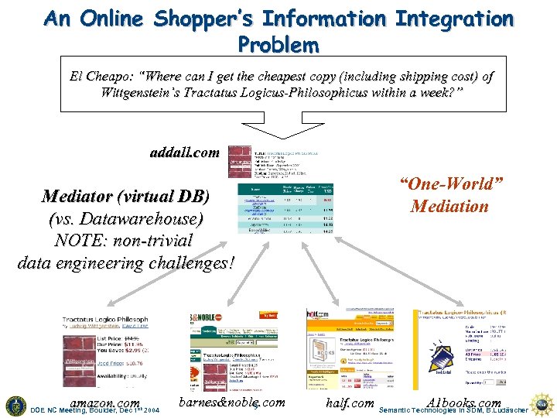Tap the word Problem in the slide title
pyautogui.click(x=278, y=45)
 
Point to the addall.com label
pyautogui.click(x=184, y=152)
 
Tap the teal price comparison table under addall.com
pyautogui.click(x=279, y=208)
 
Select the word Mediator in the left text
pyautogui.click(x=80, y=196)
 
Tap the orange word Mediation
pyautogui.click(x=450, y=207)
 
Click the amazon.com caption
pyautogui.click(x=104, y=403)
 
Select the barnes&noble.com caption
pyautogui.click(x=231, y=403)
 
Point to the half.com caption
pyautogui.click(x=350, y=403)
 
